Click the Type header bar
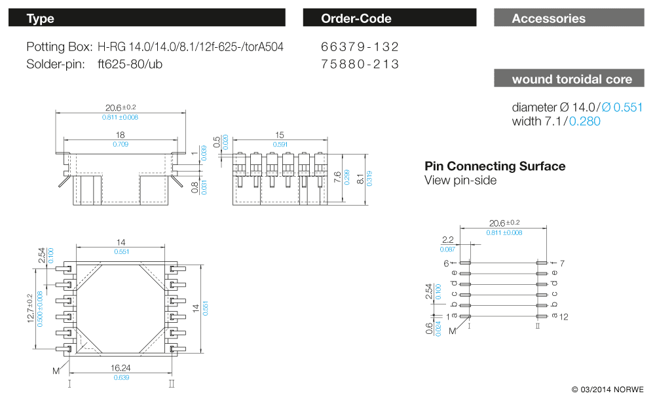147,18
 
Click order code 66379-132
360,47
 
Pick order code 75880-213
360,64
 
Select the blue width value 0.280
584,121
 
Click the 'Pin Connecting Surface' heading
495,166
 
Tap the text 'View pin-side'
460,180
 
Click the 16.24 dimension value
121,368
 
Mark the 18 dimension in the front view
120,135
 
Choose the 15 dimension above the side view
280,135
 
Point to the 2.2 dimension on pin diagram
448,240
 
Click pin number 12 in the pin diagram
565,317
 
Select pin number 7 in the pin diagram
563,263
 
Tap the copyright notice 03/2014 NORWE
607,390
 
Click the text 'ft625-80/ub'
130,64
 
